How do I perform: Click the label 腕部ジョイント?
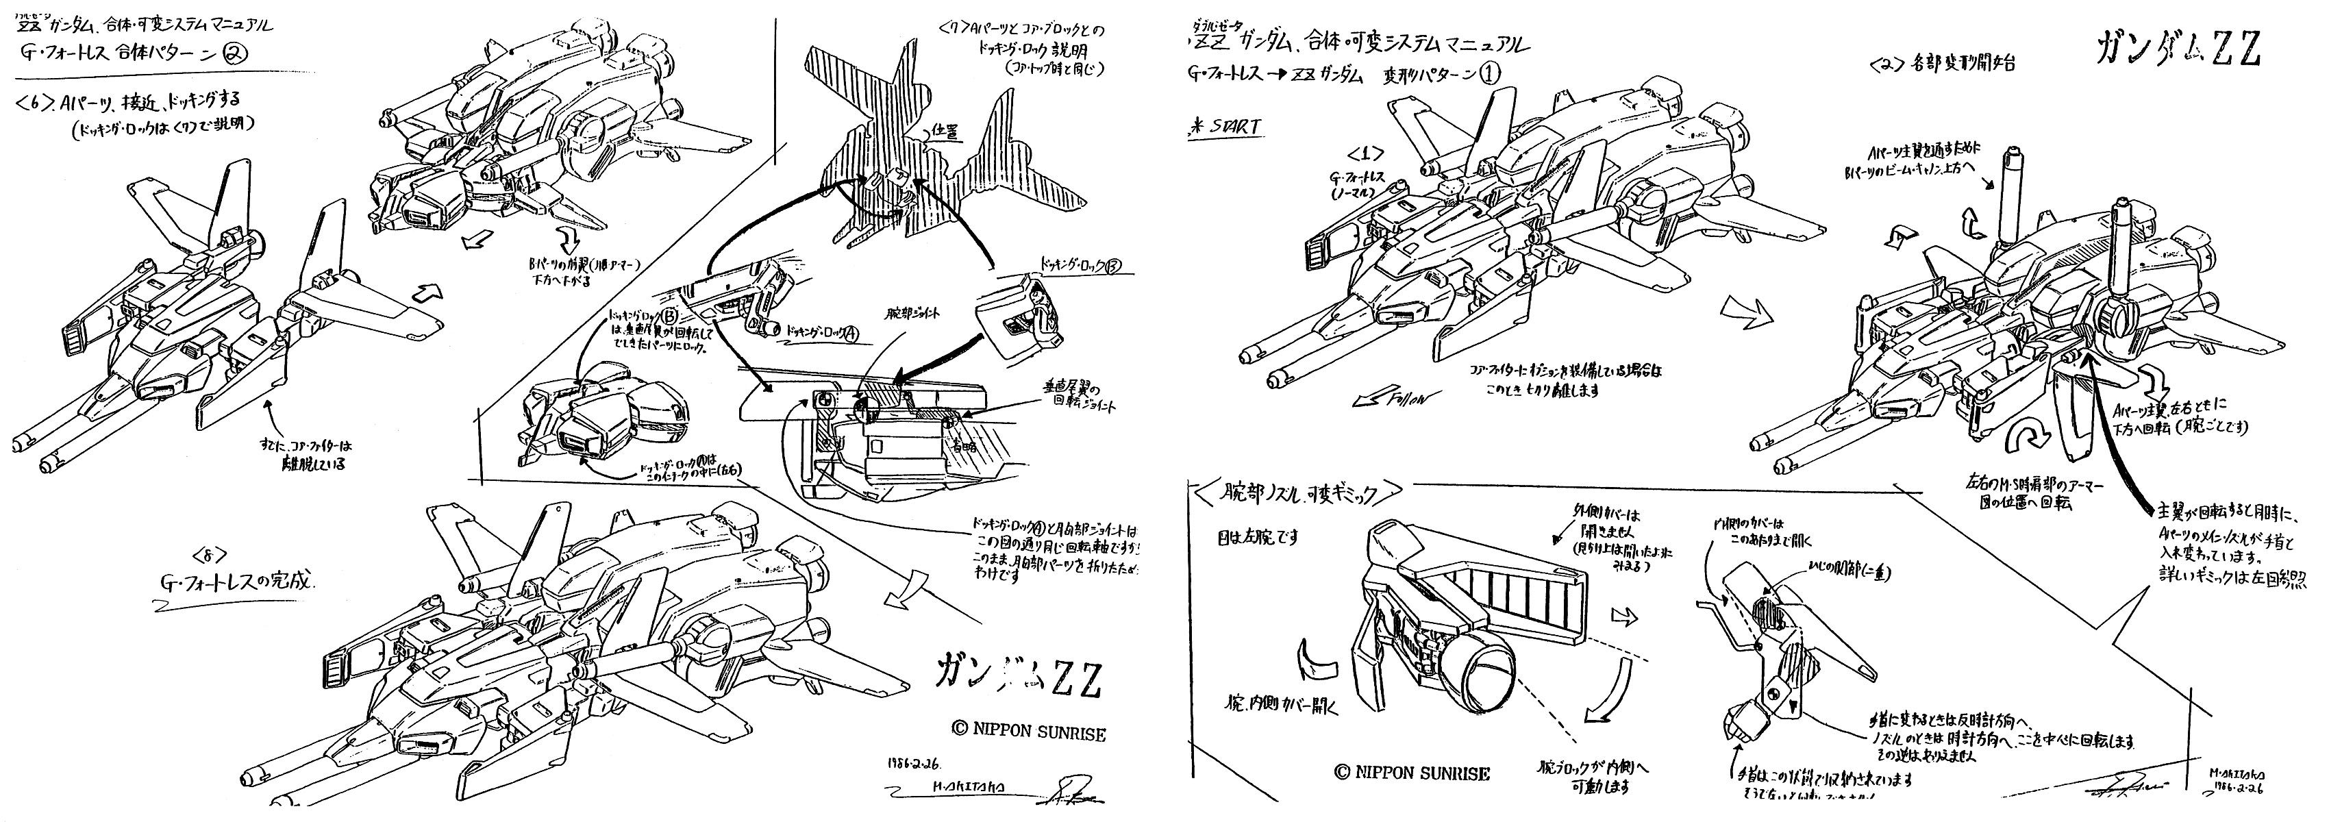click(x=913, y=313)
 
